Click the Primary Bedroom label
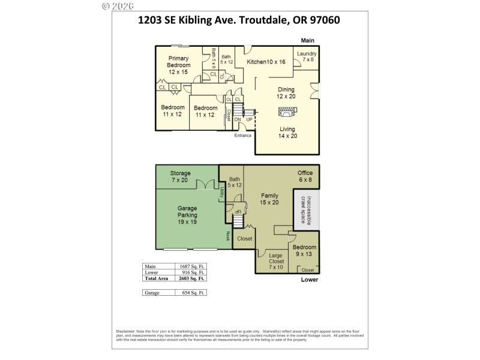[x=178, y=65]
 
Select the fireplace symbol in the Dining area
[x=286, y=112]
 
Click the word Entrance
[x=242, y=135]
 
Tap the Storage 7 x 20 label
[x=180, y=176]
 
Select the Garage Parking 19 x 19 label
[x=187, y=214]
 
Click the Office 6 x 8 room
[x=305, y=176]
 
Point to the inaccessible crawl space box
[x=306, y=210]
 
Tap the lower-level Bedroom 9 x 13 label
[x=304, y=251]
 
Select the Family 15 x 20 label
[x=269, y=199]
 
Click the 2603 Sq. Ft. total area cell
[x=192, y=278]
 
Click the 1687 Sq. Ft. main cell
[x=192, y=266]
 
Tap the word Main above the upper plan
[x=308, y=41]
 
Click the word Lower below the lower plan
[x=309, y=280]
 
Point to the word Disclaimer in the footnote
[x=126, y=331]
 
